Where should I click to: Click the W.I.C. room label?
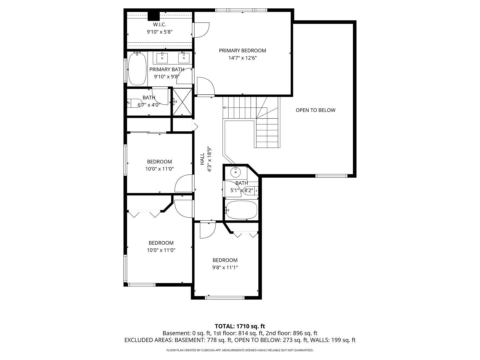click(159, 25)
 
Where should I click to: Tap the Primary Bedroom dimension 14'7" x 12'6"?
click(242, 58)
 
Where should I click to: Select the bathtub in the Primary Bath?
click(137, 69)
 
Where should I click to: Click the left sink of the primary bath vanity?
click(162, 58)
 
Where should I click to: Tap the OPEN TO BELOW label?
click(315, 110)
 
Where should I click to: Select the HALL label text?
click(202, 159)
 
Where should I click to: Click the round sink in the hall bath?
click(236, 173)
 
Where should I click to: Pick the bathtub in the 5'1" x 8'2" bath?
click(242, 210)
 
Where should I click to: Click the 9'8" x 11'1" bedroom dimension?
click(225, 267)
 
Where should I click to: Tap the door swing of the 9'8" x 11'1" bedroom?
click(207, 231)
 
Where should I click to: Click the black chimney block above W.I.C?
click(153, 16)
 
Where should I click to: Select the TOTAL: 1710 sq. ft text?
click(240, 326)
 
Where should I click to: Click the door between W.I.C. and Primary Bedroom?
click(201, 30)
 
